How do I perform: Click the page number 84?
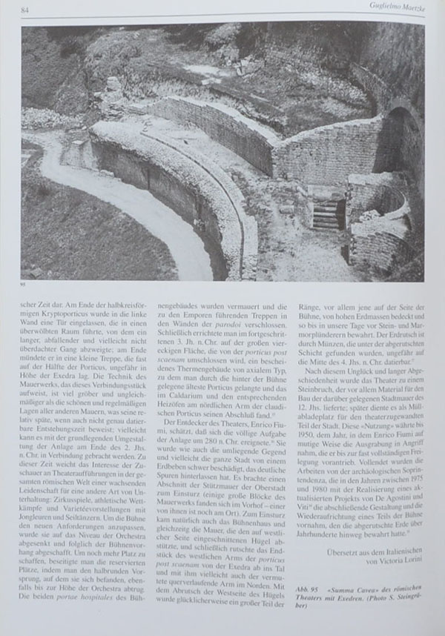[25, 10]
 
